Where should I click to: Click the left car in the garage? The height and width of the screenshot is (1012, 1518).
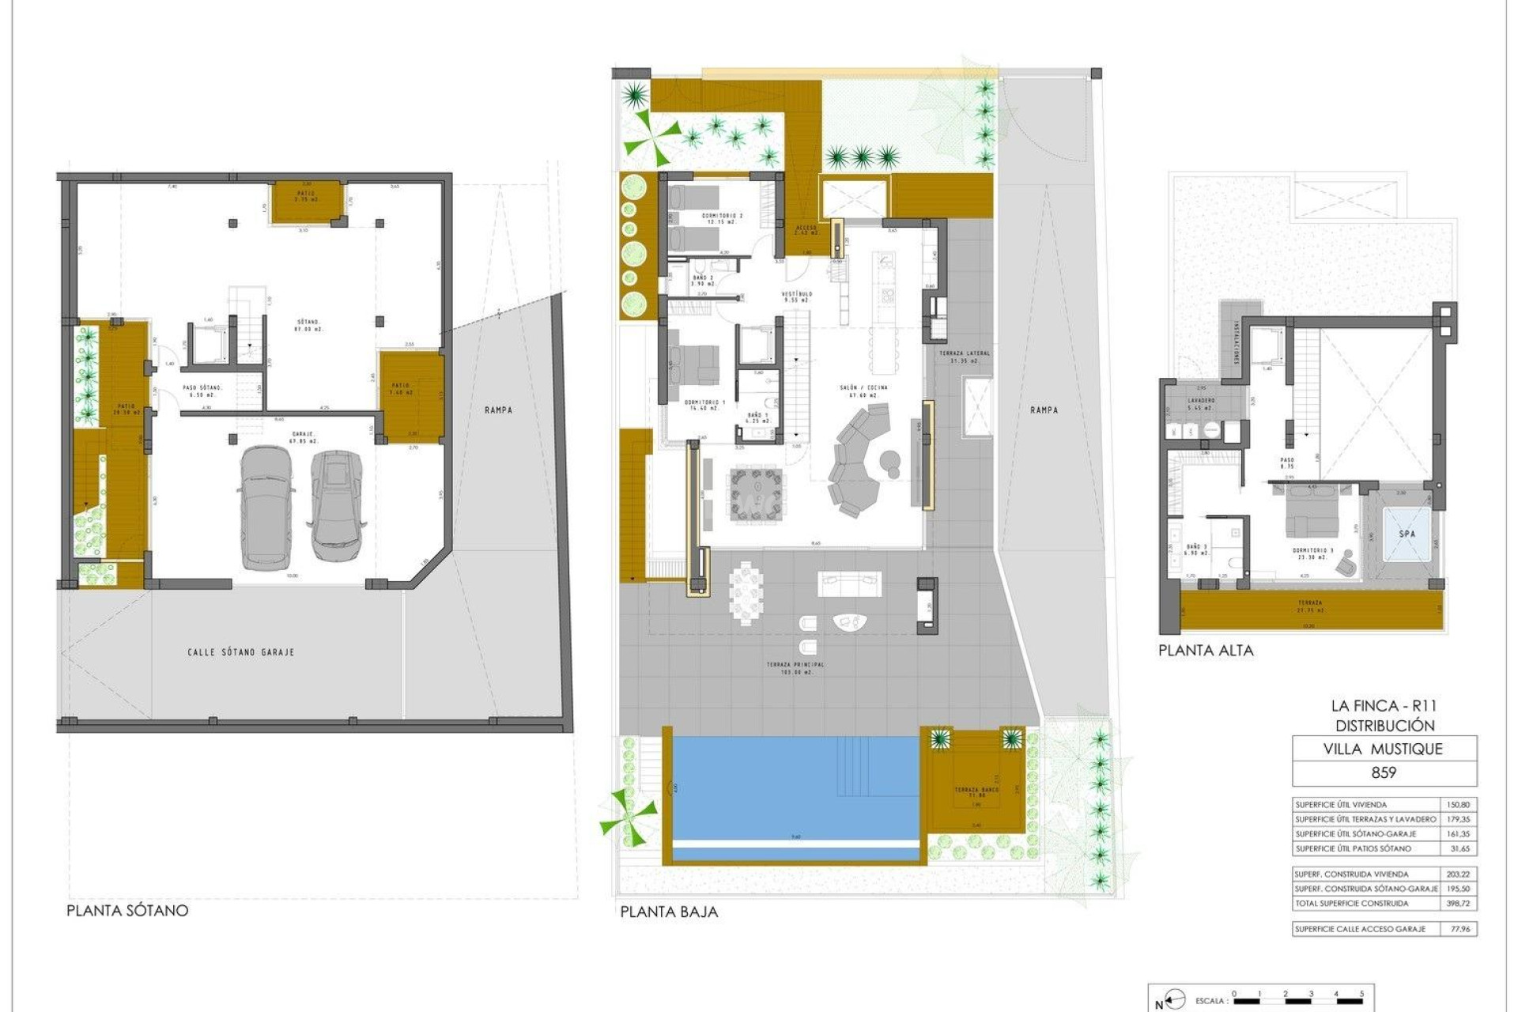pos(265,508)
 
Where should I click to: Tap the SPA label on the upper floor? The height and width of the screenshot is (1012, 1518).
pos(1407,534)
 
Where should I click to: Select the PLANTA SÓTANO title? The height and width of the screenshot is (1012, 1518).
pos(127,910)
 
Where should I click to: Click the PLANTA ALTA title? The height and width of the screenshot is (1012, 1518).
pos(1206,651)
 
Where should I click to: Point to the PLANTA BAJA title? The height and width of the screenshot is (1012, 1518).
pos(669,912)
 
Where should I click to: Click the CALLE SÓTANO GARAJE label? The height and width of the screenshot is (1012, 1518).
pos(241,652)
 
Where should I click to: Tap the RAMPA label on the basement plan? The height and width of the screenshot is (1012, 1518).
pos(498,410)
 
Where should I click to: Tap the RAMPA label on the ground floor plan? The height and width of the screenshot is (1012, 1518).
pos(1044,410)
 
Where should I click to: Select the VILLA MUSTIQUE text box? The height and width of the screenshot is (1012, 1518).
pos(1384,749)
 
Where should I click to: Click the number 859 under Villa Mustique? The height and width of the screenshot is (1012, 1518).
pos(1384,772)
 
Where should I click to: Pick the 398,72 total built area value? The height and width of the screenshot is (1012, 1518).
pos(1458,903)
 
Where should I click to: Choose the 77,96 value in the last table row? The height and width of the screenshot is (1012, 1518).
pos(1458,929)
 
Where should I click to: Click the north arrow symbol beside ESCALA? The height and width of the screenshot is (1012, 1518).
pos(1175,1001)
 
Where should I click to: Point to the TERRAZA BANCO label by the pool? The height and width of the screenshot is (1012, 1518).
pos(976,791)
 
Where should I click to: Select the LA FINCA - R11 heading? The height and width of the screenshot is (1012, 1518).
pos(1384,706)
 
